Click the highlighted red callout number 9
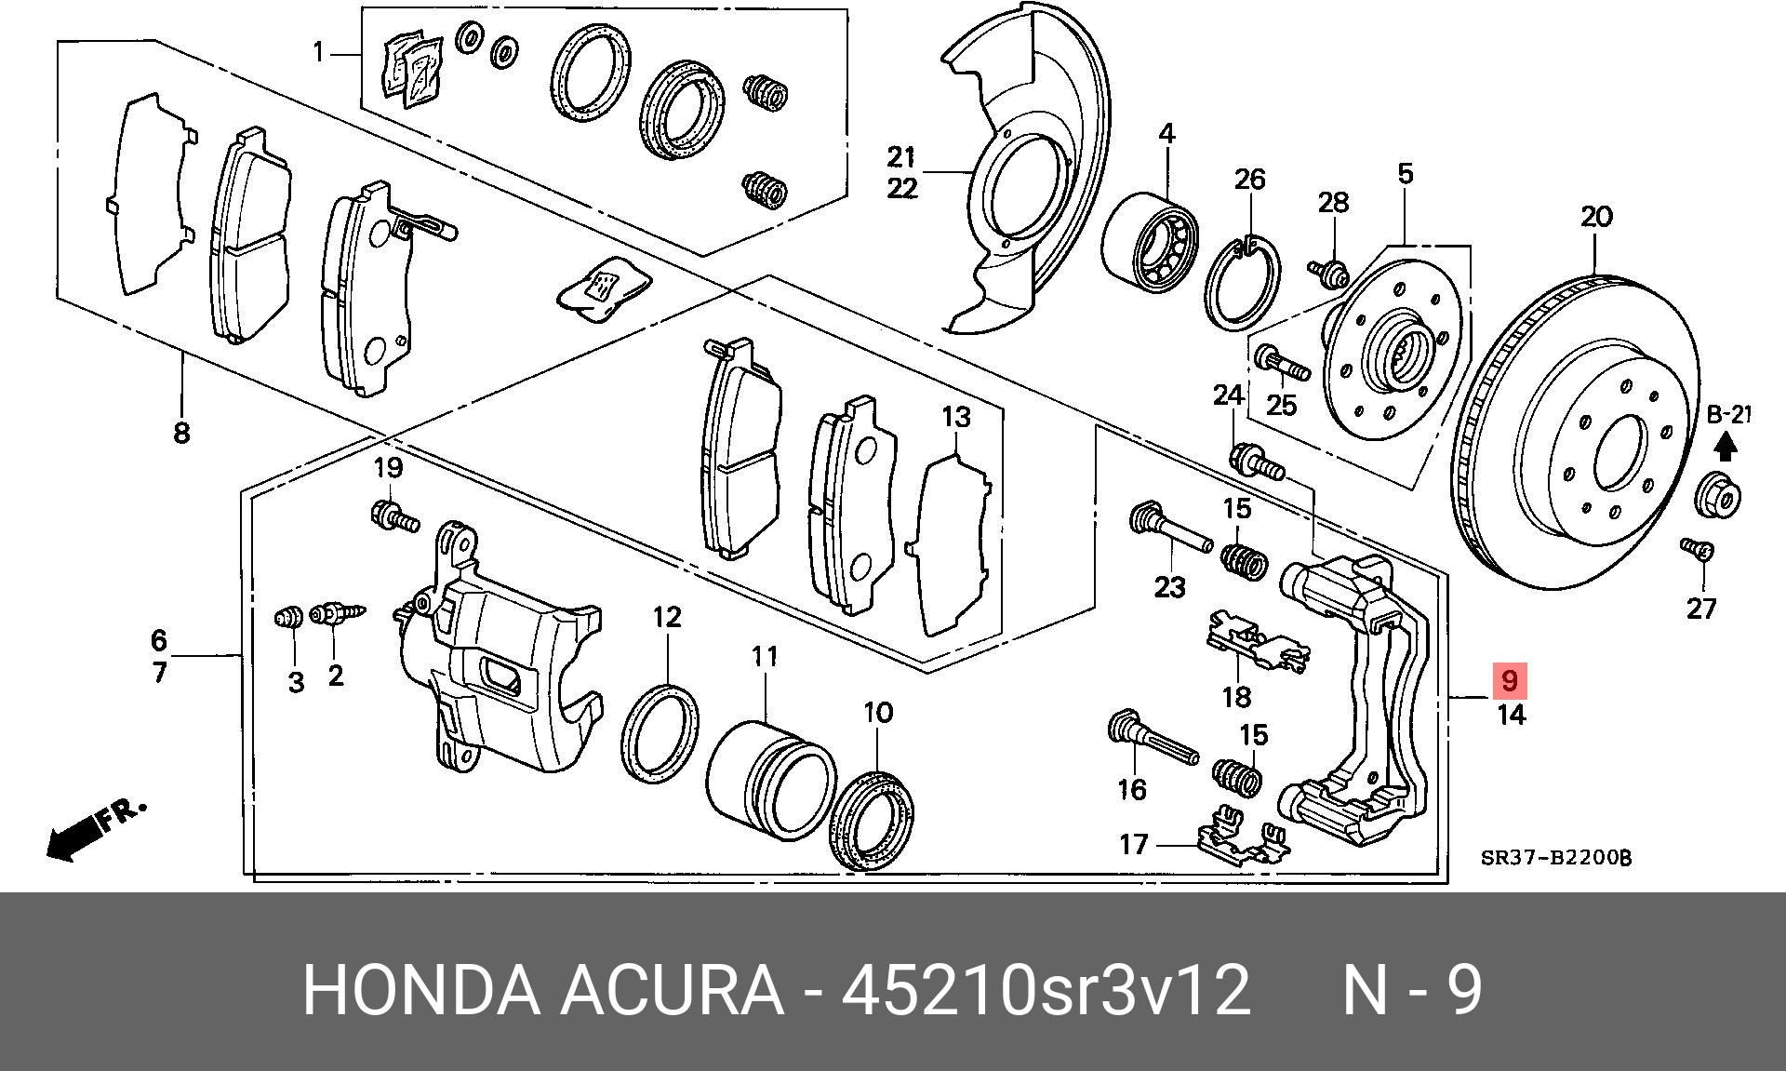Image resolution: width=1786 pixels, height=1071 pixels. [x=1509, y=680]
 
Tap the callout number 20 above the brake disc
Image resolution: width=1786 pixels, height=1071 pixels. [x=1595, y=217]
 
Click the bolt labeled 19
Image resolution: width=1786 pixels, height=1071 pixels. [x=394, y=514]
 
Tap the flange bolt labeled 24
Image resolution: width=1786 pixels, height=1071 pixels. [x=1255, y=461]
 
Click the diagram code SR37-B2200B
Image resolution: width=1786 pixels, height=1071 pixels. [x=1555, y=858]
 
